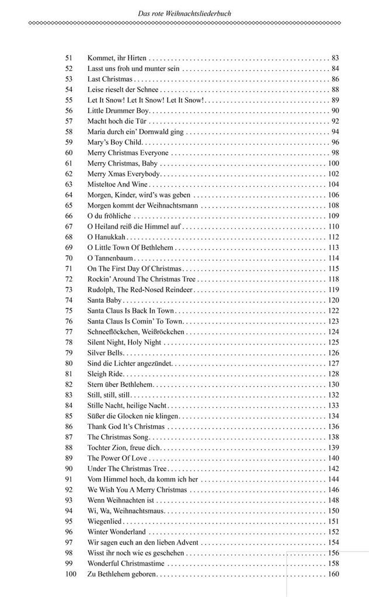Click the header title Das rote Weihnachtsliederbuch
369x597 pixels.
(x=185, y=12)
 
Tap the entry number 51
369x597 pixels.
(x=69, y=58)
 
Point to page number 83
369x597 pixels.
(x=335, y=58)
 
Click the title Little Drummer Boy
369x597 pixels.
(x=119, y=111)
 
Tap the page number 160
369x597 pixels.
(x=333, y=575)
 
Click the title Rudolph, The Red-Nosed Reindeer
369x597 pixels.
(x=140, y=290)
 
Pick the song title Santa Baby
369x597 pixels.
(x=105, y=300)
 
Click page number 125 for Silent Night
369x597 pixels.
(x=333, y=342)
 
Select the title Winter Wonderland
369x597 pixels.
(x=117, y=532)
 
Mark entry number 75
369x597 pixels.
(x=69, y=311)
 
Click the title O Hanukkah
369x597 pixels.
(x=107, y=237)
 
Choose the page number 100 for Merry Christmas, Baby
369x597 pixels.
(x=333, y=163)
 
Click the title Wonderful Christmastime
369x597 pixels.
(x=126, y=564)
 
